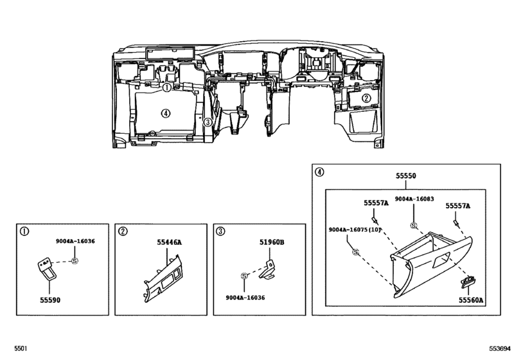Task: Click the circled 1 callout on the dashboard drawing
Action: (x=166, y=87)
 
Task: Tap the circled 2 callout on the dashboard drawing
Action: (x=366, y=98)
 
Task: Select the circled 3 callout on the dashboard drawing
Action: (x=208, y=122)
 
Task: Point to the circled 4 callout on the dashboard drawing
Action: (x=165, y=113)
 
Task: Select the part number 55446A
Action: (x=170, y=242)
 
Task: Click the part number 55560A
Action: (x=470, y=299)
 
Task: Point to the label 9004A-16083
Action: (x=414, y=199)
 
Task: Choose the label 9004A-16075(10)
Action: (x=355, y=230)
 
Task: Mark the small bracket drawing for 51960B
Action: (x=268, y=271)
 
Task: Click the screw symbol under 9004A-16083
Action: (x=414, y=225)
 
